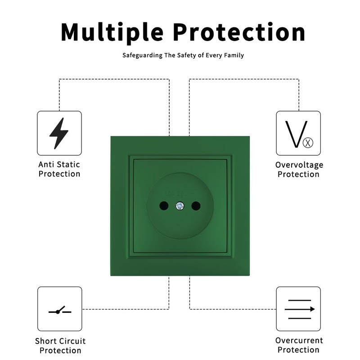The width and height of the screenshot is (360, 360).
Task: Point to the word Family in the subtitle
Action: (234, 55)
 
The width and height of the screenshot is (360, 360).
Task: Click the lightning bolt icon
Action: (59, 133)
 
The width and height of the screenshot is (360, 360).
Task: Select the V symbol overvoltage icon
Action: (298, 134)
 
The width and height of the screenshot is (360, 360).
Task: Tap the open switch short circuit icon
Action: (59, 310)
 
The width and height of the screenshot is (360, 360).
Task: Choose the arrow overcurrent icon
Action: (298, 309)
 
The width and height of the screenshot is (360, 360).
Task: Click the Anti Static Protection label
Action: (59, 169)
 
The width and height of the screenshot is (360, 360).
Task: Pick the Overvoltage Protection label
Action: (299, 170)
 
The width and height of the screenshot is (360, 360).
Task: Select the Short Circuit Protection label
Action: (60, 346)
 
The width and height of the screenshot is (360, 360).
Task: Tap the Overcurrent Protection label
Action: (299, 345)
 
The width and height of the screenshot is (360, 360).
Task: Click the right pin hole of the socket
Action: (196, 206)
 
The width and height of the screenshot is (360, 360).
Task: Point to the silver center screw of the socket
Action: (179, 206)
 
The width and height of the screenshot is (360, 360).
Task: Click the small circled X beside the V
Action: (308, 144)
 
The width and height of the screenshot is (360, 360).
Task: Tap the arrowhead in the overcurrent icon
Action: (312, 309)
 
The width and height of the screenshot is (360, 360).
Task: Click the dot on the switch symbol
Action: (57, 312)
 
